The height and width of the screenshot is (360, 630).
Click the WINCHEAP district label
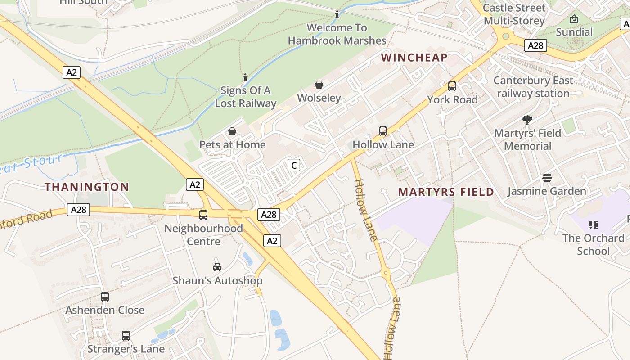[414, 58]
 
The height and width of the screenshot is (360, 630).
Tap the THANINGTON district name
[87, 187]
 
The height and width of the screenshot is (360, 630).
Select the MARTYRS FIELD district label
[446, 192]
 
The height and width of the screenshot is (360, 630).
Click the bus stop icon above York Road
[452, 86]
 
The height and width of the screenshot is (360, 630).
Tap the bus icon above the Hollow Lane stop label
[383, 131]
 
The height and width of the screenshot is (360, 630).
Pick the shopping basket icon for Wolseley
[319, 85]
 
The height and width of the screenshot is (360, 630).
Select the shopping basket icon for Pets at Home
[232, 131]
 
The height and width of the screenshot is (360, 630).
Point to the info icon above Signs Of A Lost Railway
[245, 77]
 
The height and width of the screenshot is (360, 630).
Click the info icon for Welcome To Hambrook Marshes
[337, 15]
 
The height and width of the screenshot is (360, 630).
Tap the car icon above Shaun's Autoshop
[217, 267]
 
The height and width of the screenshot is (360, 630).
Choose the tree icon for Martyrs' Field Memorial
[527, 120]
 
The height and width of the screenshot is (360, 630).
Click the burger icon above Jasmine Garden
[547, 178]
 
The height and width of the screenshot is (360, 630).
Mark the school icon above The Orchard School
[593, 225]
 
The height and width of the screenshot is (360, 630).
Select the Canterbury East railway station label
[533, 87]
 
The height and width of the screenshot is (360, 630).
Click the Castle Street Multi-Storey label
[514, 14]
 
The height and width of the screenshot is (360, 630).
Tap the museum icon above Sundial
[574, 19]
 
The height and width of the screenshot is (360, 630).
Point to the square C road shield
[293, 165]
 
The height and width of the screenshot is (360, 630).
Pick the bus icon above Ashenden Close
[105, 297]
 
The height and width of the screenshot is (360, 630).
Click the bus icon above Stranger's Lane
[126, 336]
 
